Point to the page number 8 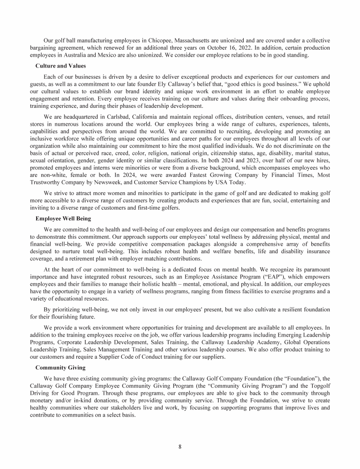click(180, 446)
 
